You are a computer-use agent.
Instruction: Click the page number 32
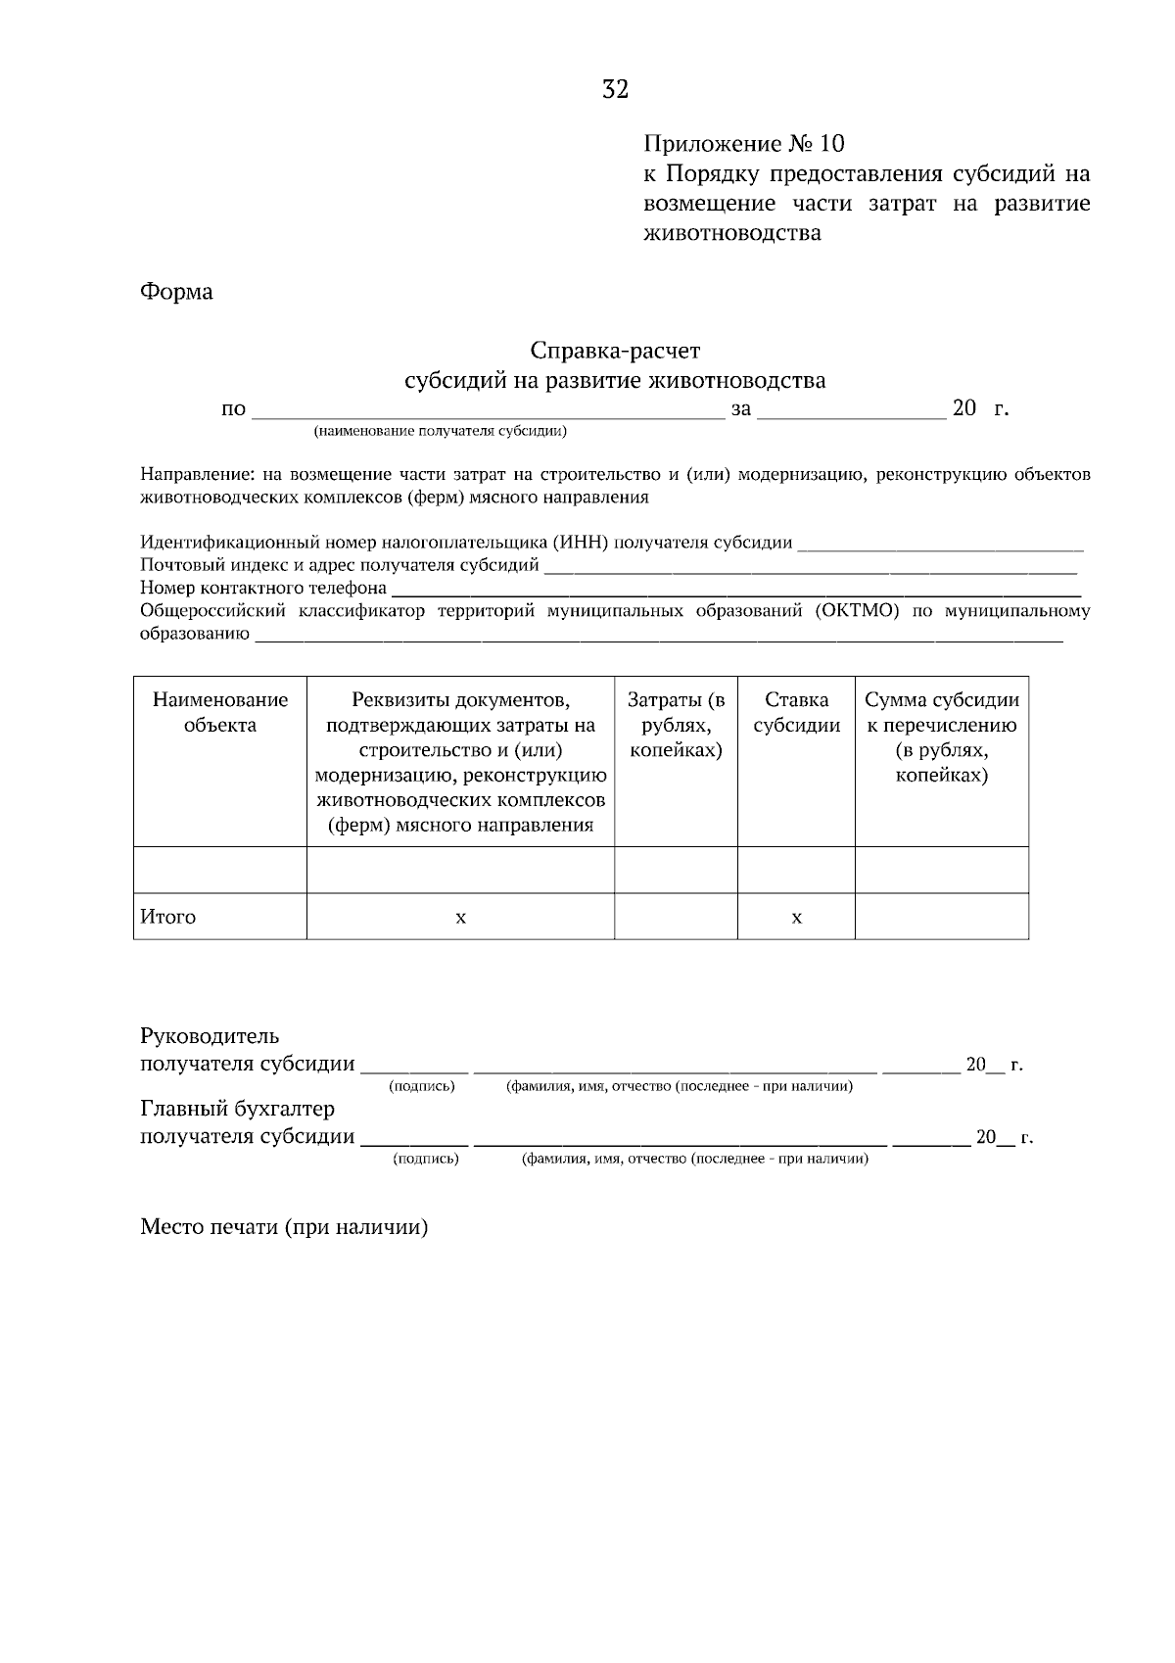point(615,90)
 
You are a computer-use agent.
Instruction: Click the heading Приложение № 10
point(743,144)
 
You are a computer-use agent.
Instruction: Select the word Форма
point(176,292)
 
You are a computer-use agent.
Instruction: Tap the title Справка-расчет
point(615,350)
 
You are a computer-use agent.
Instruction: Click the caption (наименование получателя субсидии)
point(440,431)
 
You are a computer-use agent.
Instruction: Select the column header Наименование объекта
point(220,712)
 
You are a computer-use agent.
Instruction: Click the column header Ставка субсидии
point(796,712)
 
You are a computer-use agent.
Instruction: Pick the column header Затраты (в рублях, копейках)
point(676,725)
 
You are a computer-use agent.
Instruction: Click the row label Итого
point(168,917)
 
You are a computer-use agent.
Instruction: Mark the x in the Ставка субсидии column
point(796,917)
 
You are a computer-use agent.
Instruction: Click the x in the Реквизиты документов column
point(460,917)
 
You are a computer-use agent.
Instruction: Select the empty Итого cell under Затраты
point(676,917)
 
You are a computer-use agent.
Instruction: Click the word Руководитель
point(210,1036)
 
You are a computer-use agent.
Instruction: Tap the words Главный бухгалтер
point(237,1109)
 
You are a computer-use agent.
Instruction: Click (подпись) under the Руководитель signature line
point(422,1086)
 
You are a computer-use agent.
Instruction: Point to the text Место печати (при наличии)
point(284,1227)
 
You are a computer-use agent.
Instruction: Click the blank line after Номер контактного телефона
point(734,592)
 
